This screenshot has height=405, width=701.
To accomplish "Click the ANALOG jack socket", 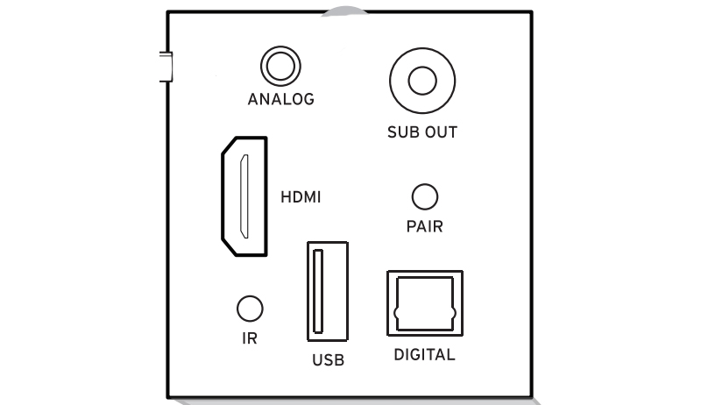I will (x=280, y=67).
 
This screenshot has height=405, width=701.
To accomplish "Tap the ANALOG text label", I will (x=280, y=99).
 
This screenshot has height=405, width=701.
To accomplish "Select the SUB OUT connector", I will (x=422, y=81).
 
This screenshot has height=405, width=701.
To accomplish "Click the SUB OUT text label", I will (x=422, y=133).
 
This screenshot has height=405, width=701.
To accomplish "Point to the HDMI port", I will (x=243, y=196).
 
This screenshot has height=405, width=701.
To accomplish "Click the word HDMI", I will (x=301, y=197).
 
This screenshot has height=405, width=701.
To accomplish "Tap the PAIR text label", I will (x=424, y=227).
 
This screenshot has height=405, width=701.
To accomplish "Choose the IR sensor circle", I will (x=250, y=308).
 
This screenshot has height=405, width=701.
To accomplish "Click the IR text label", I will (x=250, y=338).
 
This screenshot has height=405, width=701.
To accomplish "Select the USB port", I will (x=326, y=291).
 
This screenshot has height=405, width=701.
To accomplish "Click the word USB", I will (x=328, y=359).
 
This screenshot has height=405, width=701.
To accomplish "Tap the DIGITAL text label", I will (x=424, y=355).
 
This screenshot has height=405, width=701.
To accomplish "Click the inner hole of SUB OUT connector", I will (x=422, y=81).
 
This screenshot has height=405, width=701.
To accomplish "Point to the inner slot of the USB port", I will (x=317, y=291).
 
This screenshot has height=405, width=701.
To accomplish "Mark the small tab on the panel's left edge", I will (x=163, y=66).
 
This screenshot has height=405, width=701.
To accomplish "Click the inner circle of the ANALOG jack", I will (x=280, y=67).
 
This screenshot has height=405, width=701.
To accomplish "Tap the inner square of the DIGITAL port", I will (x=424, y=303).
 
